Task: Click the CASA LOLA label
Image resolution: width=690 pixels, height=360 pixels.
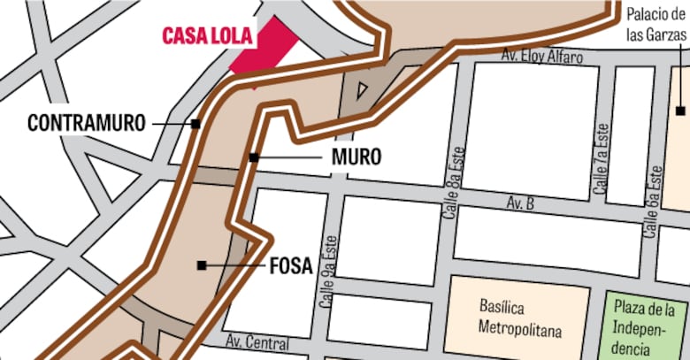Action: click(x=207, y=37)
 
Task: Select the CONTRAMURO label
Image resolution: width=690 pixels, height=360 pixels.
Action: click(x=86, y=123)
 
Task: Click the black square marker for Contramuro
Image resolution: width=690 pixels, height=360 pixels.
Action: click(x=195, y=124)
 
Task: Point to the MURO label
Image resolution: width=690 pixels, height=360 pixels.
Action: click(x=356, y=158)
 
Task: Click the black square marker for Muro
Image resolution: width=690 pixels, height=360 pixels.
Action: click(x=253, y=157)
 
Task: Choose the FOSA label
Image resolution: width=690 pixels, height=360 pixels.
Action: click(x=290, y=265)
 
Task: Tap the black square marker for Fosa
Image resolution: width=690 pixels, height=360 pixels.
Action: click(x=202, y=264)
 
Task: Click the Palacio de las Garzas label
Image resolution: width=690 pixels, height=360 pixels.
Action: click(x=655, y=25)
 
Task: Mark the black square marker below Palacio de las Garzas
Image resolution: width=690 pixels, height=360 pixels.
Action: click(x=679, y=111)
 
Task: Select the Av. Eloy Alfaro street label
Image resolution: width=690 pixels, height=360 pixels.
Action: click(x=542, y=57)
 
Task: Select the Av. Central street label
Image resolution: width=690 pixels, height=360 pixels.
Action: click(x=257, y=342)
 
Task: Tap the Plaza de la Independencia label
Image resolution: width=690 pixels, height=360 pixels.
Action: click(x=649, y=327)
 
